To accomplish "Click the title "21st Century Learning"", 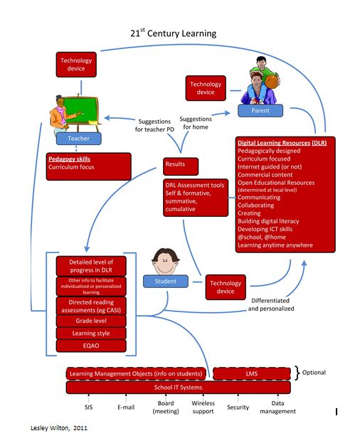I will [173, 33].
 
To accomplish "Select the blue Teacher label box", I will [79, 139].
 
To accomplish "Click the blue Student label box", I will [165, 282].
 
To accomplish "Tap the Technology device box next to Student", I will [226, 287].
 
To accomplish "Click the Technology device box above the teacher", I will [76, 65].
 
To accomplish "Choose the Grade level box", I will [92, 321].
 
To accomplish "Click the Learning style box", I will [92, 333].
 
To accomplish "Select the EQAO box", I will [92, 346].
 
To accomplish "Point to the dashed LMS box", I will [252, 373].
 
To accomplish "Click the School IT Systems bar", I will [179, 388].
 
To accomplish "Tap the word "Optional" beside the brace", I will [314, 373].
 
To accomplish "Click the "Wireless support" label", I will [203, 407].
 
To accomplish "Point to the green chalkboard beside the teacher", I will [89, 110].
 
